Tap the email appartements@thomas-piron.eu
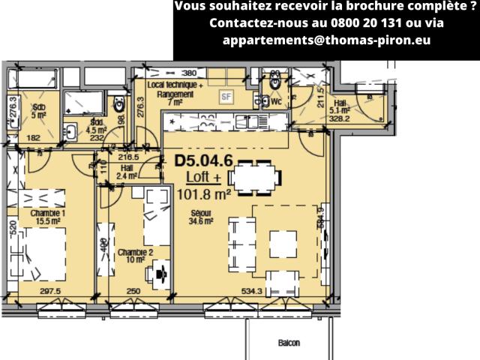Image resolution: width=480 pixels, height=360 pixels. [326, 40]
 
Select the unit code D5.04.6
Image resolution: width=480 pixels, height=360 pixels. [203, 160]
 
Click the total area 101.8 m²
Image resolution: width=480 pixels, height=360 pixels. [203, 194]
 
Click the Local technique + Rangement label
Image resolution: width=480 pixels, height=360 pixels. [175, 94]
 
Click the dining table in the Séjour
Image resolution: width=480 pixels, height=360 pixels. [255, 177]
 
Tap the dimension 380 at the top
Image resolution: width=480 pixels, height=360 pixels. [189, 73]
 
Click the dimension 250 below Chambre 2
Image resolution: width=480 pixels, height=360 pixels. [133, 291]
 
